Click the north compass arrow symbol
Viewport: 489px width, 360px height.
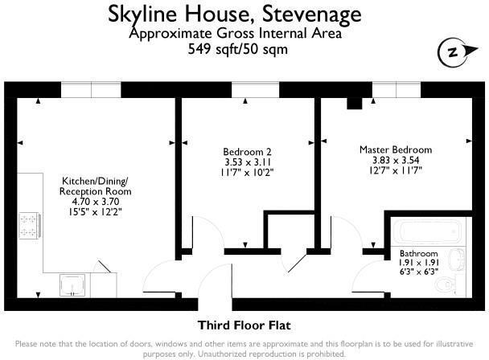tap(452, 53)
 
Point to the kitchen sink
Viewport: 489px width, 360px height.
tap(74, 284)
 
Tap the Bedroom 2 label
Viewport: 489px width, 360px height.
tap(247, 151)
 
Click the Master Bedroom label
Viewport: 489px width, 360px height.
tap(395, 149)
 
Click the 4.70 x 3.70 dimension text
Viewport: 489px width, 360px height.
tap(96, 202)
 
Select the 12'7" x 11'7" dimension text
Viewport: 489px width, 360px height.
tap(395, 170)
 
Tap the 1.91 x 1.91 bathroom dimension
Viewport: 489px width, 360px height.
tap(419, 263)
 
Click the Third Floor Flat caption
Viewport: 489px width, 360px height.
tap(244, 325)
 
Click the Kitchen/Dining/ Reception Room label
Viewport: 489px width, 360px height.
tap(96, 187)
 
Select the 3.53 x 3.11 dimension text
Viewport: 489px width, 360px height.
tap(247, 161)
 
